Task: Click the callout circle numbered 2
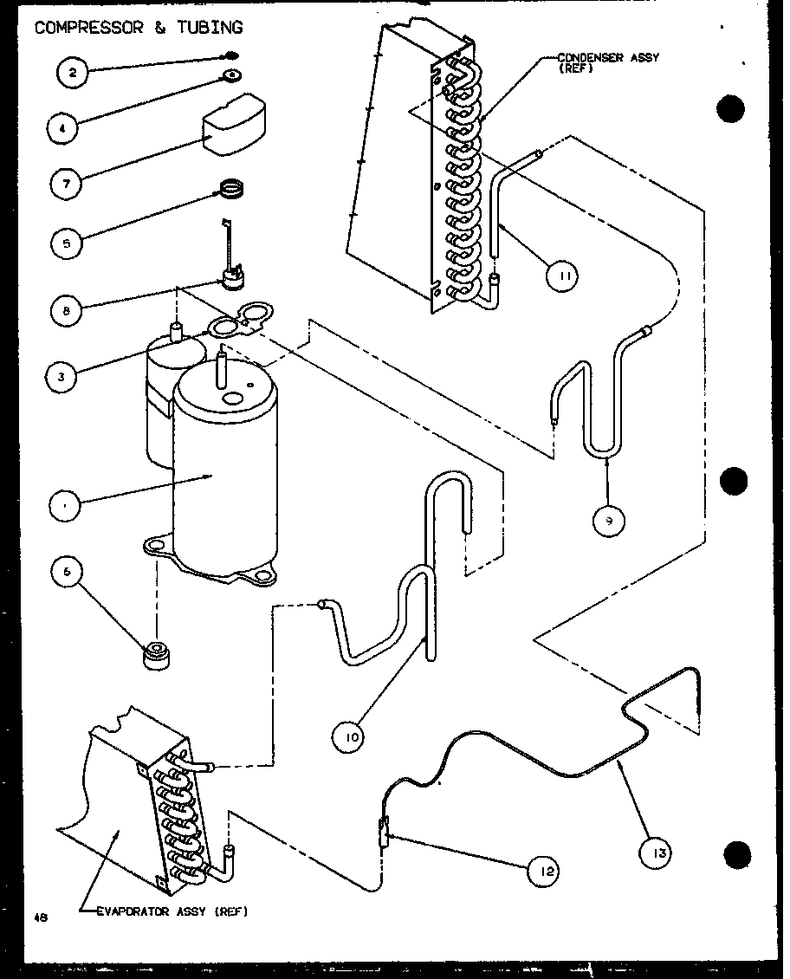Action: click(74, 74)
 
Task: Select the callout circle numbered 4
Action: click(62, 129)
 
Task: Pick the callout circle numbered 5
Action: click(66, 243)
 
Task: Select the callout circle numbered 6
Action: click(67, 570)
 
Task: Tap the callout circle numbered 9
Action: click(609, 520)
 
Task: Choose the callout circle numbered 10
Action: click(349, 738)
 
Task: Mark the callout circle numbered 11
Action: click(561, 276)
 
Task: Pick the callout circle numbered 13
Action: click(657, 853)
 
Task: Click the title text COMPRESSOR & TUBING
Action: click(138, 28)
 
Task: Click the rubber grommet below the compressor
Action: click(157, 657)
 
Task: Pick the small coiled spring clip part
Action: click(230, 188)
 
